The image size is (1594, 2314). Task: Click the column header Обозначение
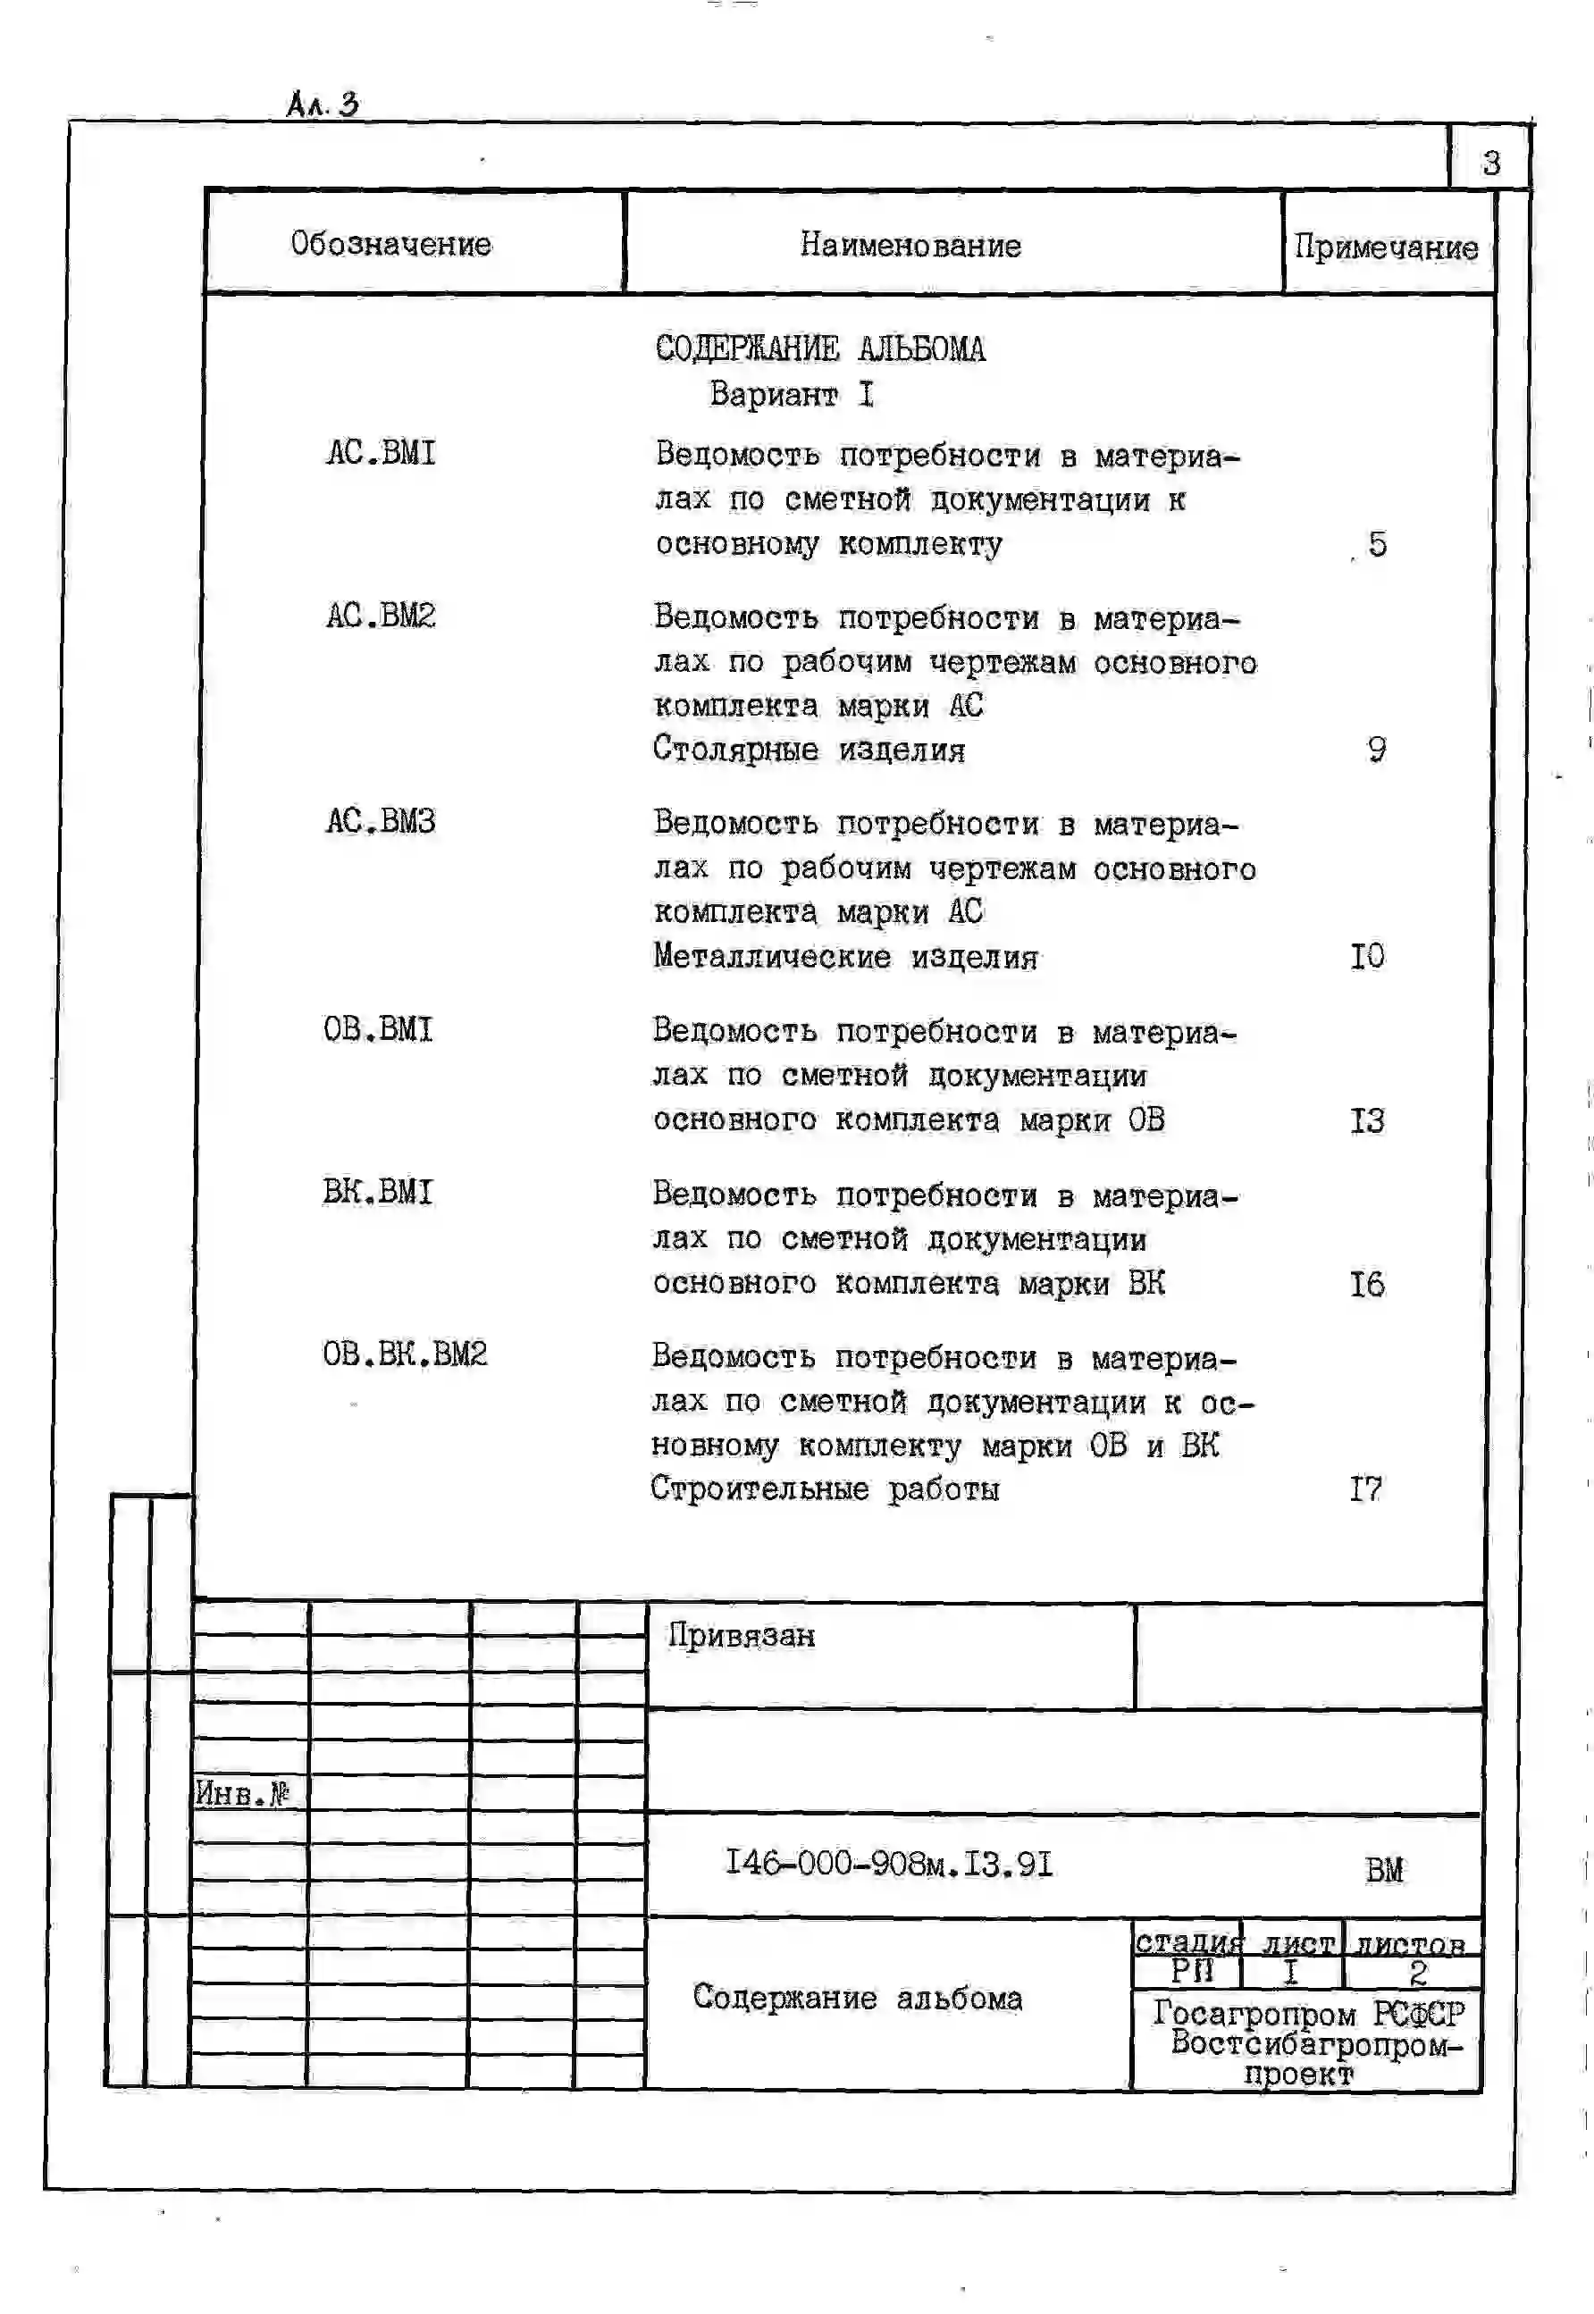(390, 244)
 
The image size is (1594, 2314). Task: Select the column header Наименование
(910, 245)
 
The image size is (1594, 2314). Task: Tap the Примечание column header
(1385, 247)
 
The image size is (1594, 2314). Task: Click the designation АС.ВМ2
(381, 616)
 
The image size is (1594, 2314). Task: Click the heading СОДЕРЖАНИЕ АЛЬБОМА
(820, 348)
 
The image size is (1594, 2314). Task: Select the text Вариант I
(791, 395)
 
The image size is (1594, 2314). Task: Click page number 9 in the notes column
(1376, 749)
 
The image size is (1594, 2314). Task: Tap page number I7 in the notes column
(1366, 1488)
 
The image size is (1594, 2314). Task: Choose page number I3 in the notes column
(1367, 1119)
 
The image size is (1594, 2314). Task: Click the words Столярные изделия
(809, 749)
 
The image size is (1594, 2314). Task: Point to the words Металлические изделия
(845, 956)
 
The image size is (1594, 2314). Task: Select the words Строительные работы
(824, 1488)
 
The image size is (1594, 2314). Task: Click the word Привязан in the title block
(741, 1635)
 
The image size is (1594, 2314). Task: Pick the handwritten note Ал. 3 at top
(322, 104)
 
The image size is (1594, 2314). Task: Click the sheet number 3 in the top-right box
(1490, 162)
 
